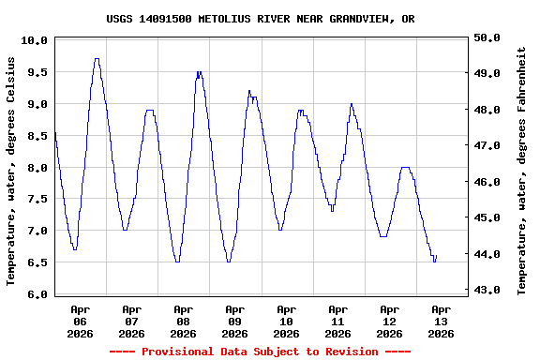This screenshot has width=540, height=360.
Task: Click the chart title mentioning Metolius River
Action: click(260, 19)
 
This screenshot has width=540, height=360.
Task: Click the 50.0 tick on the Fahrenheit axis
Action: click(487, 37)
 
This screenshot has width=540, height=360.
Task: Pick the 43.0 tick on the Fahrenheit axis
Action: click(487, 291)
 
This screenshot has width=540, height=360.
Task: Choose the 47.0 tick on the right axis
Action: click(487, 146)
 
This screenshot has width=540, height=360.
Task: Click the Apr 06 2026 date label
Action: click(81, 321)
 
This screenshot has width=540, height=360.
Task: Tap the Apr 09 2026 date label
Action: click(234, 321)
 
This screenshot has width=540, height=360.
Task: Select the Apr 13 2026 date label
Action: click(441, 321)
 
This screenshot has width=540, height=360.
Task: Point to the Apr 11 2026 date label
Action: click(337, 321)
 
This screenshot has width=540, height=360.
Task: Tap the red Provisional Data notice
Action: click(260, 352)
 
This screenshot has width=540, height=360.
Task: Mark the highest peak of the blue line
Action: click(97, 59)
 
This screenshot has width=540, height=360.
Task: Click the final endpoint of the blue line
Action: click(436, 255)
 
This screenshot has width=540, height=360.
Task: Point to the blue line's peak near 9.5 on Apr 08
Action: click(199, 71)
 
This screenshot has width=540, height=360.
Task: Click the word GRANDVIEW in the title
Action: click(359, 19)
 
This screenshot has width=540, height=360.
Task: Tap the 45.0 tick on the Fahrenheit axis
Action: click(487, 218)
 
